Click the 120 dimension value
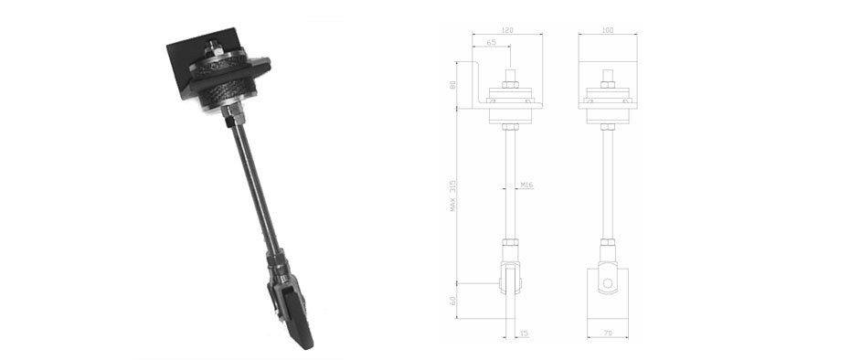click(507, 30)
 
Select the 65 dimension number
click(491, 42)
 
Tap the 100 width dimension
click(608, 30)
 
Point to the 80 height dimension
click(453, 85)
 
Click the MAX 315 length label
click(453, 196)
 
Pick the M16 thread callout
click(526, 185)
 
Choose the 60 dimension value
click(453, 301)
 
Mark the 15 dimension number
click(524, 334)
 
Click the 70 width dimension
click(608, 334)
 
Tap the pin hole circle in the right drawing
click(608, 283)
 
